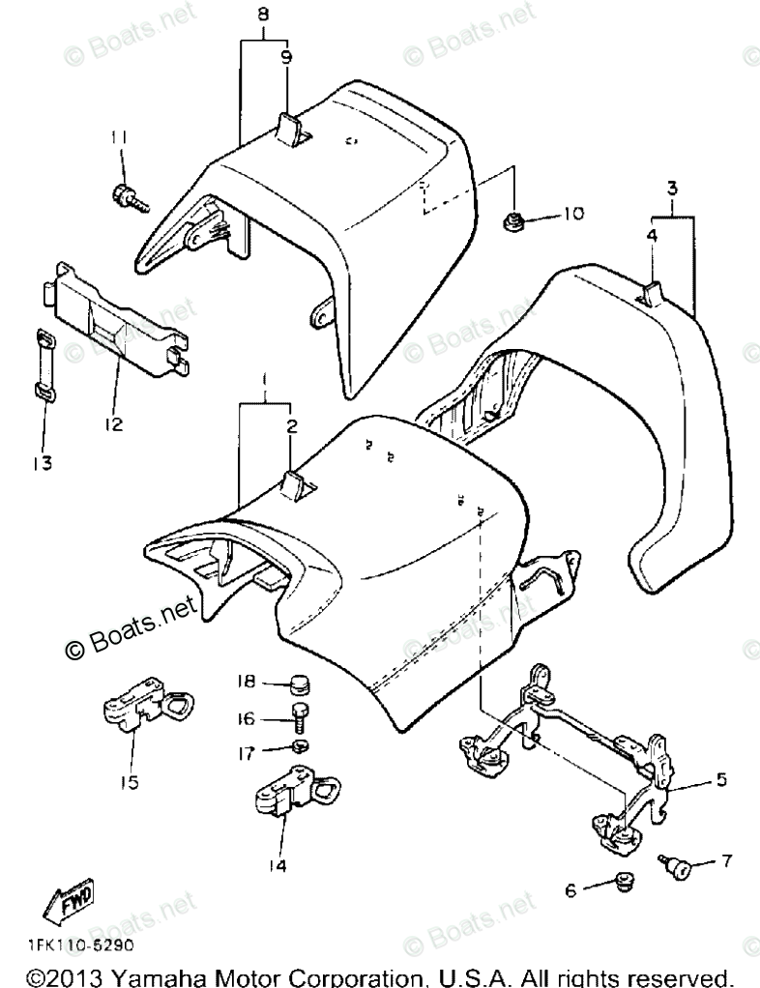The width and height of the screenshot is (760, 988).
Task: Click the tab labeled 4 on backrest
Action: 652,291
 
